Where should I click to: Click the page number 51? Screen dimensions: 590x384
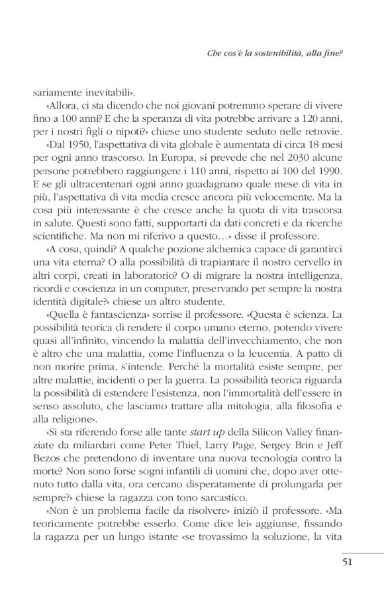(x=334, y=564)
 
